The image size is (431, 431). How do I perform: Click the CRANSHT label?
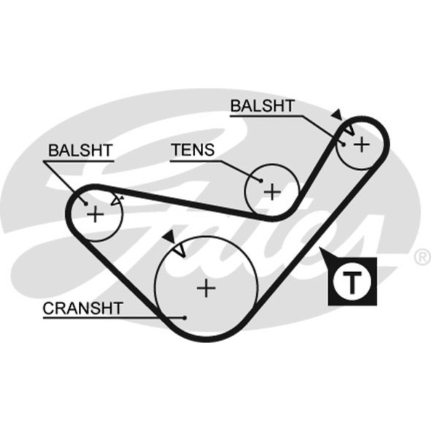(83, 307)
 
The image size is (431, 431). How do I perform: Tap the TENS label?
(193, 149)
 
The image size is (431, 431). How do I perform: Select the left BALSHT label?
(79, 149)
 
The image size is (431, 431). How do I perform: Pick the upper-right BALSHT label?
(262, 106)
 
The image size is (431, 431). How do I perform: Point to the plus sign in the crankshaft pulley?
(207, 288)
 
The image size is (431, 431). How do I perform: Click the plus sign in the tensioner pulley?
(272, 191)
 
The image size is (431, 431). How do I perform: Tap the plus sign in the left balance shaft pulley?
(95, 214)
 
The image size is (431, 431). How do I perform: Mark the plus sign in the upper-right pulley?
(362, 144)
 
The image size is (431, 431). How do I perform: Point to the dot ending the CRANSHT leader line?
(185, 318)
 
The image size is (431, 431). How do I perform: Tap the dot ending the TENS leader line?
(261, 181)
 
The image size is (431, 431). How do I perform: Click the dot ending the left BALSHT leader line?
(86, 204)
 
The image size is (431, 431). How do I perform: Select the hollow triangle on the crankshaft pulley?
(180, 251)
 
